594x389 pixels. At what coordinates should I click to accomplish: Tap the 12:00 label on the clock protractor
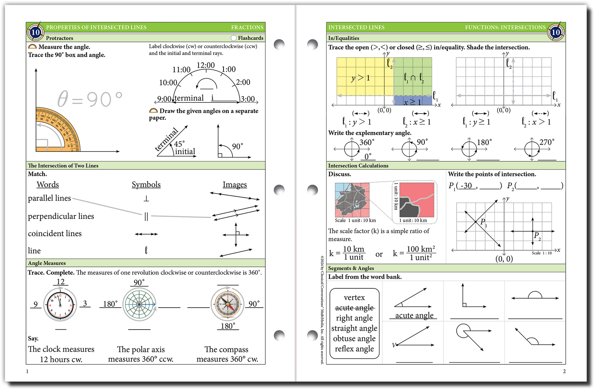pyautogui.click(x=205, y=65)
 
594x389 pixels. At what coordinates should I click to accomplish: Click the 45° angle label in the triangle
pyautogui.click(x=179, y=144)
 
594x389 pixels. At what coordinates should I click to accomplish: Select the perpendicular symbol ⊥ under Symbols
pyautogui.click(x=146, y=198)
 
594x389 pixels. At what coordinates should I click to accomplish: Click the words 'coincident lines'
pyautogui.click(x=55, y=233)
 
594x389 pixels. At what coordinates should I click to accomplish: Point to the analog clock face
pyautogui.click(x=60, y=305)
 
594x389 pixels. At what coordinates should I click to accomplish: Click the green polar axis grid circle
pyautogui.click(x=139, y=305)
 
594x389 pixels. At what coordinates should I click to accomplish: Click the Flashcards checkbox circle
pyautogui.click(x=234, y=38)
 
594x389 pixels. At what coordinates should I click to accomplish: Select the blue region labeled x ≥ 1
pyautogui.click(x=412, y=100)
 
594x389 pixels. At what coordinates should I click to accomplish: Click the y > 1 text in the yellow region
pyautogui.click(x=360, y=78)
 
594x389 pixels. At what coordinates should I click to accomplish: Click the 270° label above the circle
pyautogui.click(x=547, y=142)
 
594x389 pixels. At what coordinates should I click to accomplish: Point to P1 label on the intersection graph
pyautogui.click(x=483, y=222)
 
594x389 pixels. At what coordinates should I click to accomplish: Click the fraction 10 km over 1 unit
pyautogui.click(x=353, y=253)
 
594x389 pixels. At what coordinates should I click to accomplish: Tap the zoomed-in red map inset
pyautogui.click(x=417, y=200)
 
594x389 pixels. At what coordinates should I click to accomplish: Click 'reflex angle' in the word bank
pyautogui.click(x=354, y=349)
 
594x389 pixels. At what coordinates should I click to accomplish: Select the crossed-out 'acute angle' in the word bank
pyautogui.click(x=354, y=308)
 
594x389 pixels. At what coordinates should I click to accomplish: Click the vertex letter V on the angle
pyautogui.click(x=394, y=345)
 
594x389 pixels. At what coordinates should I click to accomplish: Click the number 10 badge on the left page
pyautogui.click(x=35, y=32)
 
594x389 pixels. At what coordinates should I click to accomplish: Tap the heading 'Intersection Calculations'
pyautogui.click(x=358, y=166)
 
